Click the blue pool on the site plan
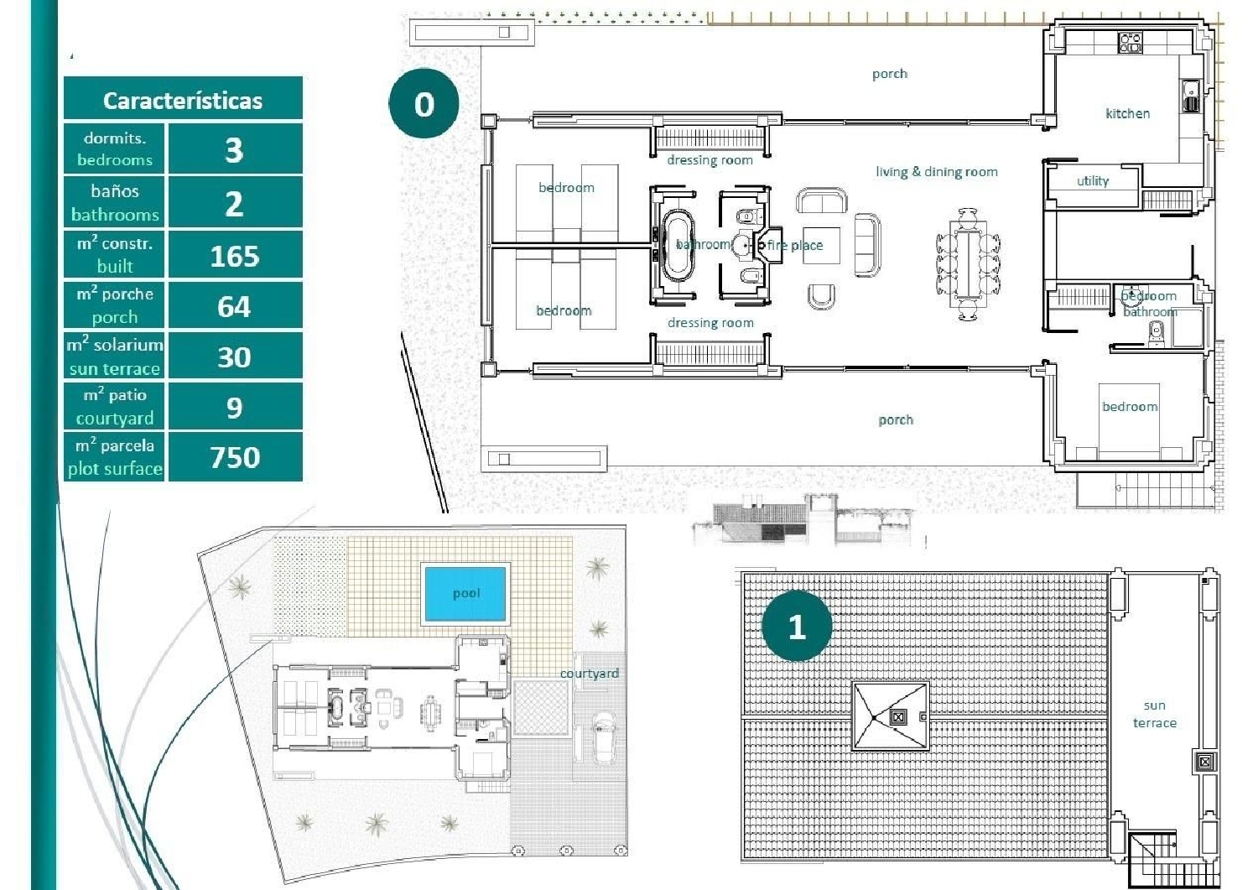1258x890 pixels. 465,594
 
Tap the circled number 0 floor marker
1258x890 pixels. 424,104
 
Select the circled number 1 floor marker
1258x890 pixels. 797,627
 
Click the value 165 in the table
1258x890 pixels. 235,256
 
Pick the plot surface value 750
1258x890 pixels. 235,457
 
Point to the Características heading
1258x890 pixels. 183,101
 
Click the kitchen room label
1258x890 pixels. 1127,113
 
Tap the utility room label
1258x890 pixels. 1092,181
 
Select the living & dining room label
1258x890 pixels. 936,172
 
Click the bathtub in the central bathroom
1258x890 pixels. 677,245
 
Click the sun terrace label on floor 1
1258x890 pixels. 1154,715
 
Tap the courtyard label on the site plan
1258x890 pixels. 590,674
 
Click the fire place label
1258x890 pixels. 794,246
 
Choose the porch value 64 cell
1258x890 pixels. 235,306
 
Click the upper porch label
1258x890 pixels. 889,74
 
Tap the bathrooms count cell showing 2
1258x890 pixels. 235,204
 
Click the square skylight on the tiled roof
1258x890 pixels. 891,716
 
